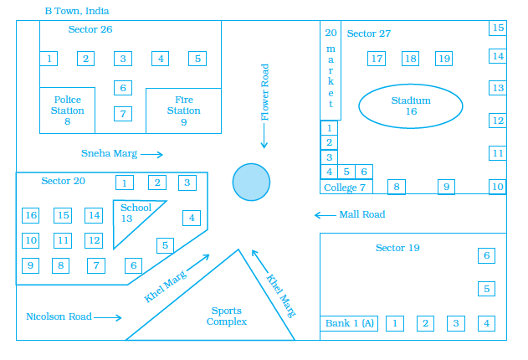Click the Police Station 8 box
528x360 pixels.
coord(67,110)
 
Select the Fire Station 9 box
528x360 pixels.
coord(183,110)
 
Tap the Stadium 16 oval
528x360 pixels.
coord(410,105)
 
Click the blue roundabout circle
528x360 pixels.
coord(251,182)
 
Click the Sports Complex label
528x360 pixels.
coord(227,316)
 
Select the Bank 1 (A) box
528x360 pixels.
coord(349,323)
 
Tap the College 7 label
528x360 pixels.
coord(345,187)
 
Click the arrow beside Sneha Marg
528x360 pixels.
coord(151,154)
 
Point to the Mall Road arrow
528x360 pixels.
coord(325,215)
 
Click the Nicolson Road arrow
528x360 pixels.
coord(108,317)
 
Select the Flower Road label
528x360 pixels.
coord(265,92)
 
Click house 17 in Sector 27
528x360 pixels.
coord(377,59)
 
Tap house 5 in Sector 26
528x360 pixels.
coord(197,59)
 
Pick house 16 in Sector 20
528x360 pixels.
coord(31,215)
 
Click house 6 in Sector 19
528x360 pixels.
coord(486,255)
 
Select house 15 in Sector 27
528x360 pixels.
coord(498,28)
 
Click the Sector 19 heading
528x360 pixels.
coord(397,248)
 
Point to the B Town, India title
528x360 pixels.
coord(76,11)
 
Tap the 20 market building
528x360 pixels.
coord(331,71)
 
